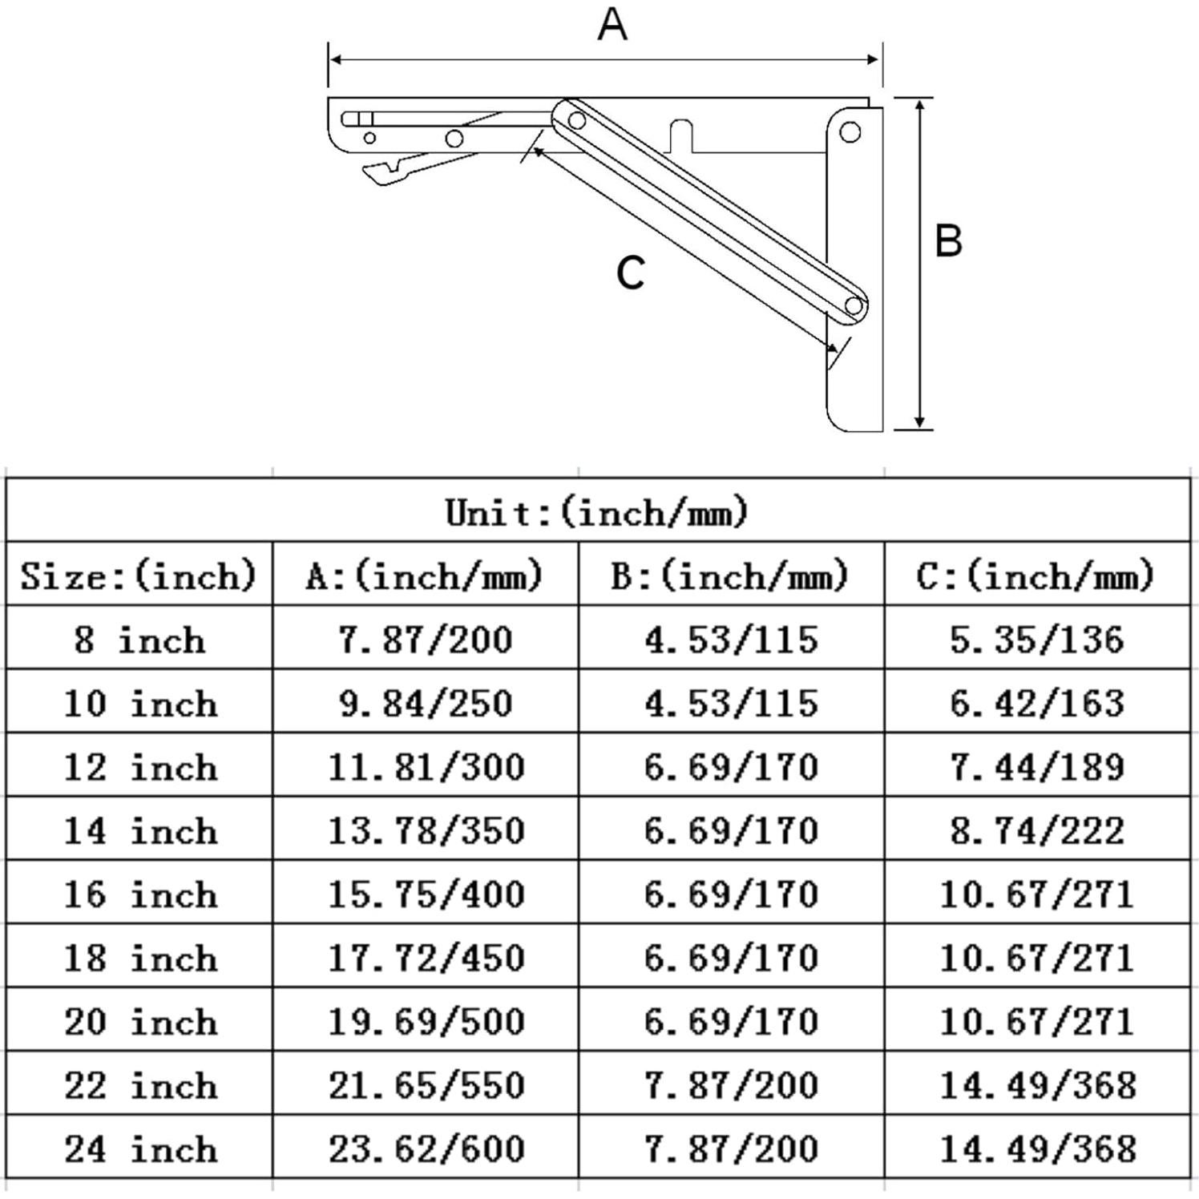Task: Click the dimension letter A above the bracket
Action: (612, 25)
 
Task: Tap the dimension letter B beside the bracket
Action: (948, 240)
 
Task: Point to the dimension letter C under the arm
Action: (630, 272)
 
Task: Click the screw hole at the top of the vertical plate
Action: (850, 131)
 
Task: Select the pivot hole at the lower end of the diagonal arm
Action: (854, 305)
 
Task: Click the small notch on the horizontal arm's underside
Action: (681, 133)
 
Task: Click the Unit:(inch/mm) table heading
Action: (597, 511)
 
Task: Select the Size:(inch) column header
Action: (138, 575)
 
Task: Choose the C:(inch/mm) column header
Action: (1035, 575)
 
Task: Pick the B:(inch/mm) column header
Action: (730, 575)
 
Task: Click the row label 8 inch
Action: (138, 640)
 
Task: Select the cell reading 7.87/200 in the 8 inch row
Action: (425, 640)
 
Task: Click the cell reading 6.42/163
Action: (1037, 703)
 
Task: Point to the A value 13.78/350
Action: (426, 830)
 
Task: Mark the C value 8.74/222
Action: (1037, 830)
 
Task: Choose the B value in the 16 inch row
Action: (731, 894)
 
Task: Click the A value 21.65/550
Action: (426, 1084)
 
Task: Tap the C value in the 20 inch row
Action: (1037, 1021)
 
